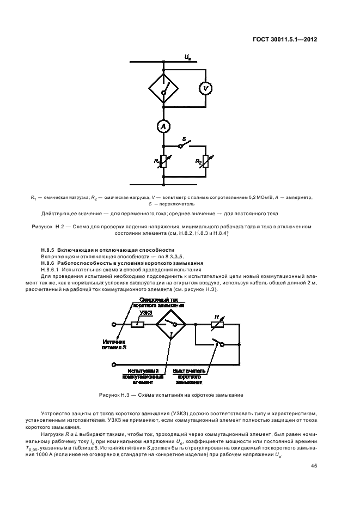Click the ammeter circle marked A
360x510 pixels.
(x=162, y=126)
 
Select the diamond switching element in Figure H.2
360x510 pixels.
(x=162, y=89)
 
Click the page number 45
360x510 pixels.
(x=314, y=465)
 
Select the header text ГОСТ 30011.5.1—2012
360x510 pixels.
(x=285, y=39)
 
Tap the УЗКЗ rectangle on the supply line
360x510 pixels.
(x=138, y=325)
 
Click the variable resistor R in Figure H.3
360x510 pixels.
(x=217, y=325)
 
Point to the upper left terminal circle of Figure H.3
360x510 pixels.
(x=114, y=325)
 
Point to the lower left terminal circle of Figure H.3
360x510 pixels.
(x=114, y=363)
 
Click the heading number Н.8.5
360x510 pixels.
(x=50, y=250)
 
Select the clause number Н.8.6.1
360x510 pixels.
(x=52, y=269)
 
